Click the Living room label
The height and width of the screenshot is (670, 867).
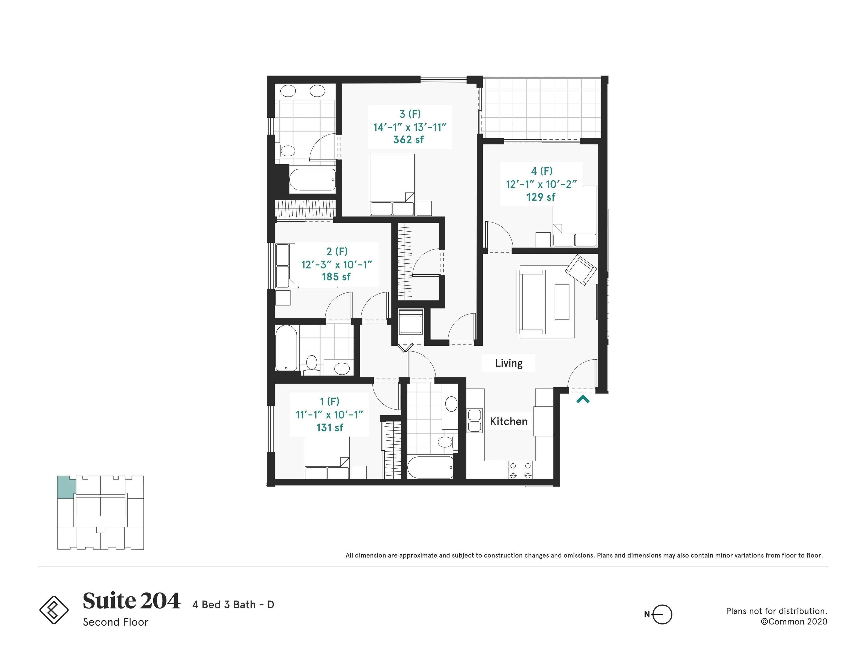(508, 363)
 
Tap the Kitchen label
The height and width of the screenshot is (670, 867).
(508, 421)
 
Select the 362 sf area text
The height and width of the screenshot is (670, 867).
(409, 140)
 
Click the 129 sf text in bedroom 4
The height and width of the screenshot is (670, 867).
(541, 197)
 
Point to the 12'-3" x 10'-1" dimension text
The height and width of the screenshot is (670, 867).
(337, 264)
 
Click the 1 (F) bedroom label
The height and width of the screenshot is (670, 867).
(329, 401)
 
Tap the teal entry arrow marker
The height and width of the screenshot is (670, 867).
(583, 399)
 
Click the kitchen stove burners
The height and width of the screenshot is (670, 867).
(520, 470)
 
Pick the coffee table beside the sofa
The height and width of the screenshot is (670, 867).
(562, 302)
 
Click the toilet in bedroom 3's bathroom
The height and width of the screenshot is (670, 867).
(287, 151)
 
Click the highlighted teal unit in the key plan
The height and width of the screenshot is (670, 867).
(66, 487)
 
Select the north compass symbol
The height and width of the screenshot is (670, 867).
(661, 614)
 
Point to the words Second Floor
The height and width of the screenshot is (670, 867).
(116, 622)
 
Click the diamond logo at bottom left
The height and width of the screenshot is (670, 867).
(54, 610)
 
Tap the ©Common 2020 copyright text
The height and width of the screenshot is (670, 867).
(794, 622)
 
